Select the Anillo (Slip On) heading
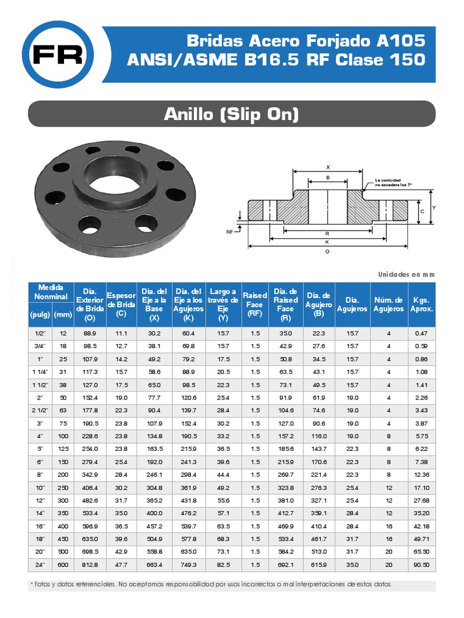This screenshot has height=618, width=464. pyautogui.click(x=232, y=113)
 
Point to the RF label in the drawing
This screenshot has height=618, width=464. pyautogui.click(x=230, y=231)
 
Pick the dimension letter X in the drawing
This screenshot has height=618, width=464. pyautogui.click(x=328, y=167)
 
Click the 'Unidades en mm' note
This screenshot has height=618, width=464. pyautogui.click(x=406, y=274)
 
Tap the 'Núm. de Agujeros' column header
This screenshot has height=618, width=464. pyautogui.click(x=388, y=304)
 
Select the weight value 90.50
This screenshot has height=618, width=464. pyautogui.click(x=422, y=565)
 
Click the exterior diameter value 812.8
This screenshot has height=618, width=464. pyautogui.click(x=90, y=565)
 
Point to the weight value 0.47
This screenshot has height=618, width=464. pyautogui.click(x=422, y=333)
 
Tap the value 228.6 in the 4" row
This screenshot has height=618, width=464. pyautogui.click(x=90, y=436)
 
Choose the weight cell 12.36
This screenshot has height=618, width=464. pyautogui.click(x=422, y=474)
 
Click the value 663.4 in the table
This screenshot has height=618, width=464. pyautogui.click(x=155, y=565)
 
